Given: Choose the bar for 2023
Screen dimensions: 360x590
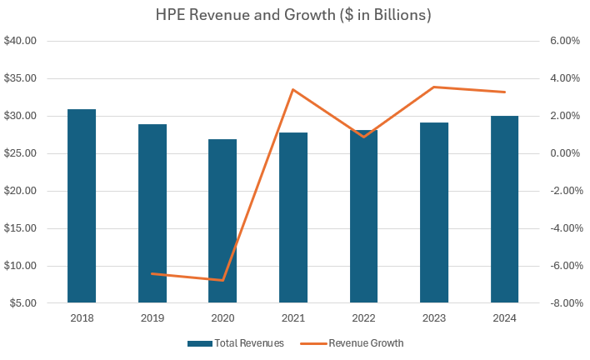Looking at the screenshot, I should pos(434,212).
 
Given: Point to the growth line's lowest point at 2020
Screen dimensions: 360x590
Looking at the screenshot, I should pos(222,280).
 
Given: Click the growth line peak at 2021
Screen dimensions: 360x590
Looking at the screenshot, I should pos(293,89).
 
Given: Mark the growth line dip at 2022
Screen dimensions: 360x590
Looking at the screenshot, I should pos(363,137).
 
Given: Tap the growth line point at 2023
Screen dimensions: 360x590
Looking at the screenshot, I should pos(434,87).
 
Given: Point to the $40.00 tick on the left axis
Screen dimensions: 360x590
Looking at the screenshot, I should pos(20,41).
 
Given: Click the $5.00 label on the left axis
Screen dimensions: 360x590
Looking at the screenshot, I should pos(22,303).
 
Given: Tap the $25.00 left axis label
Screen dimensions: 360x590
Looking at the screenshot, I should pos(20,153).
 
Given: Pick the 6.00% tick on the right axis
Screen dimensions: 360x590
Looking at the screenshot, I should pos(562,41).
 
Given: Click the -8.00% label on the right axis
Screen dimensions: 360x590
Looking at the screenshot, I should pos(561,303).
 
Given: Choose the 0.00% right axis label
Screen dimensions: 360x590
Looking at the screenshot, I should pos(562,153).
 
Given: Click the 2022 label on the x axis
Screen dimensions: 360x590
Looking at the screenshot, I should pos(363,318).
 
